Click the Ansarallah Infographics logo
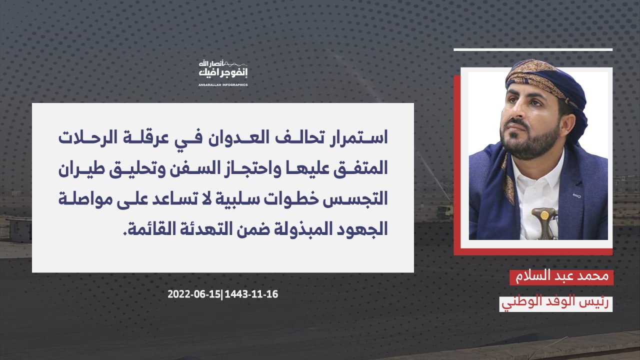pyautogui.click(x=223, y=73)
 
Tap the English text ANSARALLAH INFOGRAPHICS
pyautogui.click(x=223, y=85)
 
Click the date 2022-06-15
pyautogui.click(x=194, y=294)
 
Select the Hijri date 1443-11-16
pyautogui.click(x=251, y=294)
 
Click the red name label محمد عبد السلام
pyautogui.click(x=561, y=277)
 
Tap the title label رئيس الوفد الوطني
pyautogui.click(x=555, y=303)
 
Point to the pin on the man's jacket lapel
pyautogui.click(x=577, y=196)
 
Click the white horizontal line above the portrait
pyautogui.click(x=533, y=49)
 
